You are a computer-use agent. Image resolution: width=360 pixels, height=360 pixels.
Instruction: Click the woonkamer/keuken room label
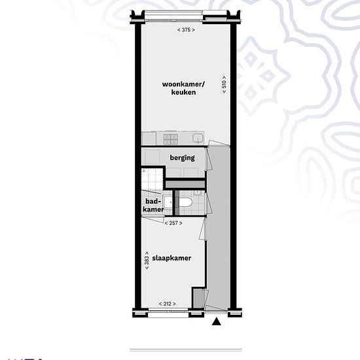coord(183,88)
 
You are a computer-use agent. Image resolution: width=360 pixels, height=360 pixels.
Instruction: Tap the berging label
coord(183,158)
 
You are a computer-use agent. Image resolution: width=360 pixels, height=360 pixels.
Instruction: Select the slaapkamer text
coord(171,258)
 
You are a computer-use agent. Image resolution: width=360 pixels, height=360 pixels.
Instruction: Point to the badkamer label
coord(153,206)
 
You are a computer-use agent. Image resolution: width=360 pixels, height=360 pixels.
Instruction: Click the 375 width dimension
coord(186,30)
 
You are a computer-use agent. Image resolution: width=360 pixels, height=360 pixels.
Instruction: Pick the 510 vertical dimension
coord(224,84)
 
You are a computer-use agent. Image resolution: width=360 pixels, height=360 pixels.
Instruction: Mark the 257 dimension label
coord(173,223)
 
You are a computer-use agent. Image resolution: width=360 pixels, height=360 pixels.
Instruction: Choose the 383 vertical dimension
coord(147,261)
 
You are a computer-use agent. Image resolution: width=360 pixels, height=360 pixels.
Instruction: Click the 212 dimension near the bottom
coord(168,304)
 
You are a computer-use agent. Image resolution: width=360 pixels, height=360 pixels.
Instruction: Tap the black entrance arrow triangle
coord(216,321)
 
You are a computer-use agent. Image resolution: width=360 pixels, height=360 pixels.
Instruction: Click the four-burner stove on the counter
coord(171,139)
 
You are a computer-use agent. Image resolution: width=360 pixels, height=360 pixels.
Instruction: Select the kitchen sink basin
coord(198,138)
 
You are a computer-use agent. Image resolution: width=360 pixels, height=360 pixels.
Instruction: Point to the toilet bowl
coord(186,203)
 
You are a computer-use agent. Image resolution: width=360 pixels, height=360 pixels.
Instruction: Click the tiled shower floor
coord(153,179)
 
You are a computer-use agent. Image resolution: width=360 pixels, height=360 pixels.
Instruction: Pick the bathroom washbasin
coord(168,202)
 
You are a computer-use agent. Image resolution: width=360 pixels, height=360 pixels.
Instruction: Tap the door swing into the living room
coord(218,143)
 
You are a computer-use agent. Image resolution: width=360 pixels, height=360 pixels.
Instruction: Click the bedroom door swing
coord(203,228)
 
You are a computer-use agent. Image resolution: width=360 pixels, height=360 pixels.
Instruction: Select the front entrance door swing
coord(216,308)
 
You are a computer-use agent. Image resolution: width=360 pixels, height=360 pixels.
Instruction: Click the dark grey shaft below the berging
coord(185,185)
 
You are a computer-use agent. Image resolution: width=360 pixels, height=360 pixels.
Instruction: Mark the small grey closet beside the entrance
coord(198,298)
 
